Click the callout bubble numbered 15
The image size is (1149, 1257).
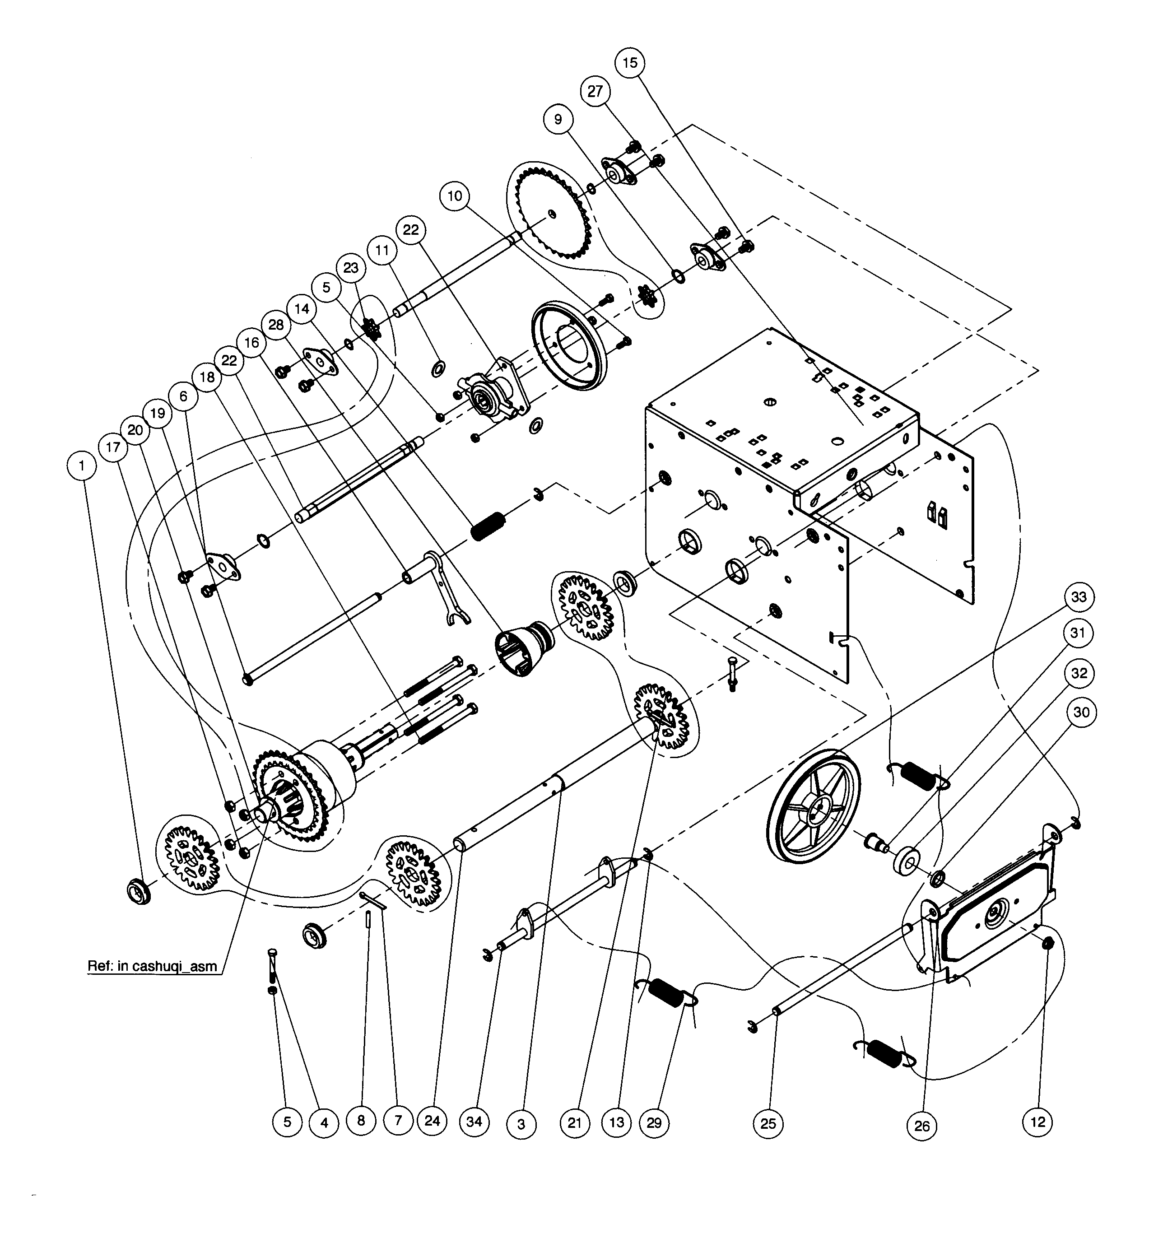point(630,62)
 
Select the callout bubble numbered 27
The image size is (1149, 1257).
point(595,91)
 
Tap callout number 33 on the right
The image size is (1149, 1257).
point(1078,597)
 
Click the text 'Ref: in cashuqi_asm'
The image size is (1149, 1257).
point(152,967)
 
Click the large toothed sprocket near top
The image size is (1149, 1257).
point(552,215)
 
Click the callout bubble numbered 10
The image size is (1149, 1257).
point(455,196)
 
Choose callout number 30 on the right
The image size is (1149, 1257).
point(1081,712)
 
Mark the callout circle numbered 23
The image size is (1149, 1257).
point(351,267)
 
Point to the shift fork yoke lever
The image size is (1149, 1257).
point(448,586)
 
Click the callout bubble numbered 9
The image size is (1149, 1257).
point(558,119)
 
